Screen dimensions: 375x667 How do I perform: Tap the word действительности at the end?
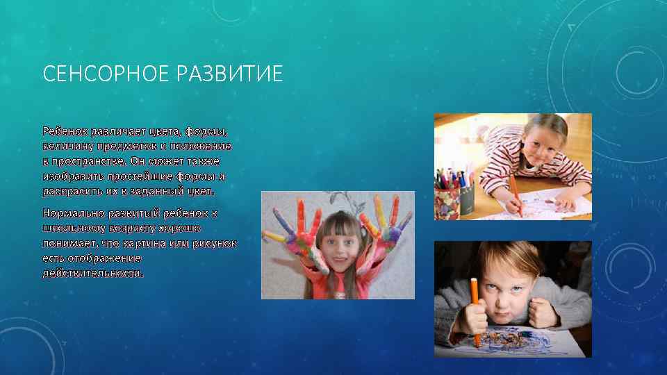click(x=93, y=273)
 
